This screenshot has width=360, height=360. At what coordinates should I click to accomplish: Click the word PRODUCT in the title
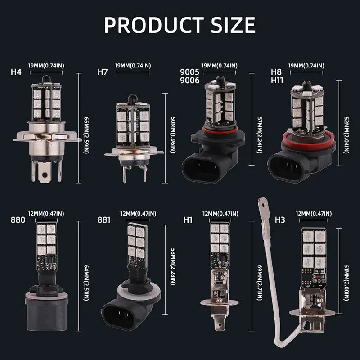click(154, 25)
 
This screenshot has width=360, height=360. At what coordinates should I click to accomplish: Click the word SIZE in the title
click(233, 25)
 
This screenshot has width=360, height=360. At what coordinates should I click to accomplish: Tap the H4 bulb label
click(16, 72)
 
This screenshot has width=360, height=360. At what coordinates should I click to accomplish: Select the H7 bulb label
click(103, 72)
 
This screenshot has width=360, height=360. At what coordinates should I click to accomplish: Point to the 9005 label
click(189, 72)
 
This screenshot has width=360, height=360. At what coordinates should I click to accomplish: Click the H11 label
click(277, 81)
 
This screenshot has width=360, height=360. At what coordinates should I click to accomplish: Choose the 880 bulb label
click(18, 220)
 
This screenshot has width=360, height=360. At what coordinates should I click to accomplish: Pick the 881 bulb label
click(104, 220)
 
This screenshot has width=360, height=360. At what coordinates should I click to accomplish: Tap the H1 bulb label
click(188, 220)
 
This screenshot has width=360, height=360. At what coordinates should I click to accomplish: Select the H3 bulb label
click(280, 220)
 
